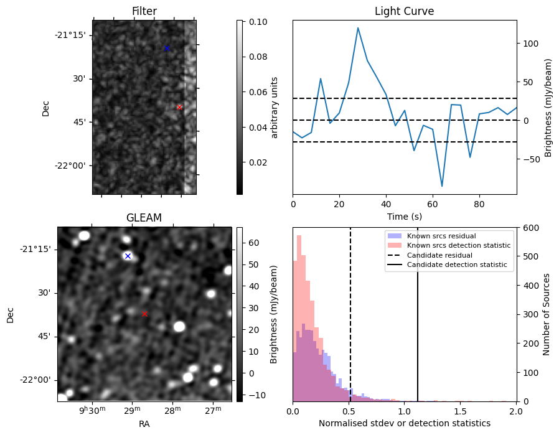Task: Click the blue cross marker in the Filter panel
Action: pos(166,48)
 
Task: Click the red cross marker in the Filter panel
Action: pos(179,107)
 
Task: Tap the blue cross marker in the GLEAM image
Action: pos(128,256)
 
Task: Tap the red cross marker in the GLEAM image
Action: pos(145,314)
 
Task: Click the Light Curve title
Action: pos(404,11)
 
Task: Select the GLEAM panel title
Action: pos(144,218)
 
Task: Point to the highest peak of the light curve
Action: pos(358,27)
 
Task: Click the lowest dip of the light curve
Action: pos(442,186)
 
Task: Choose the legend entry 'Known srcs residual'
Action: pos(441,236)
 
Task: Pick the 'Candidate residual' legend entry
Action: pos(439,255)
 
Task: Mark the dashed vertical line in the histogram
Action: pos(350,311)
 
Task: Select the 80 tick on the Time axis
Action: pos(479,203)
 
